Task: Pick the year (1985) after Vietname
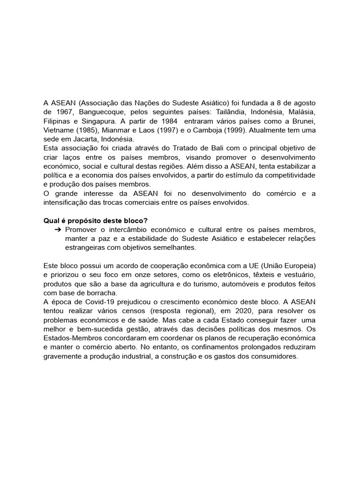88,130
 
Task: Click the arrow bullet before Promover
58,230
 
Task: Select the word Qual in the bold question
52,221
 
